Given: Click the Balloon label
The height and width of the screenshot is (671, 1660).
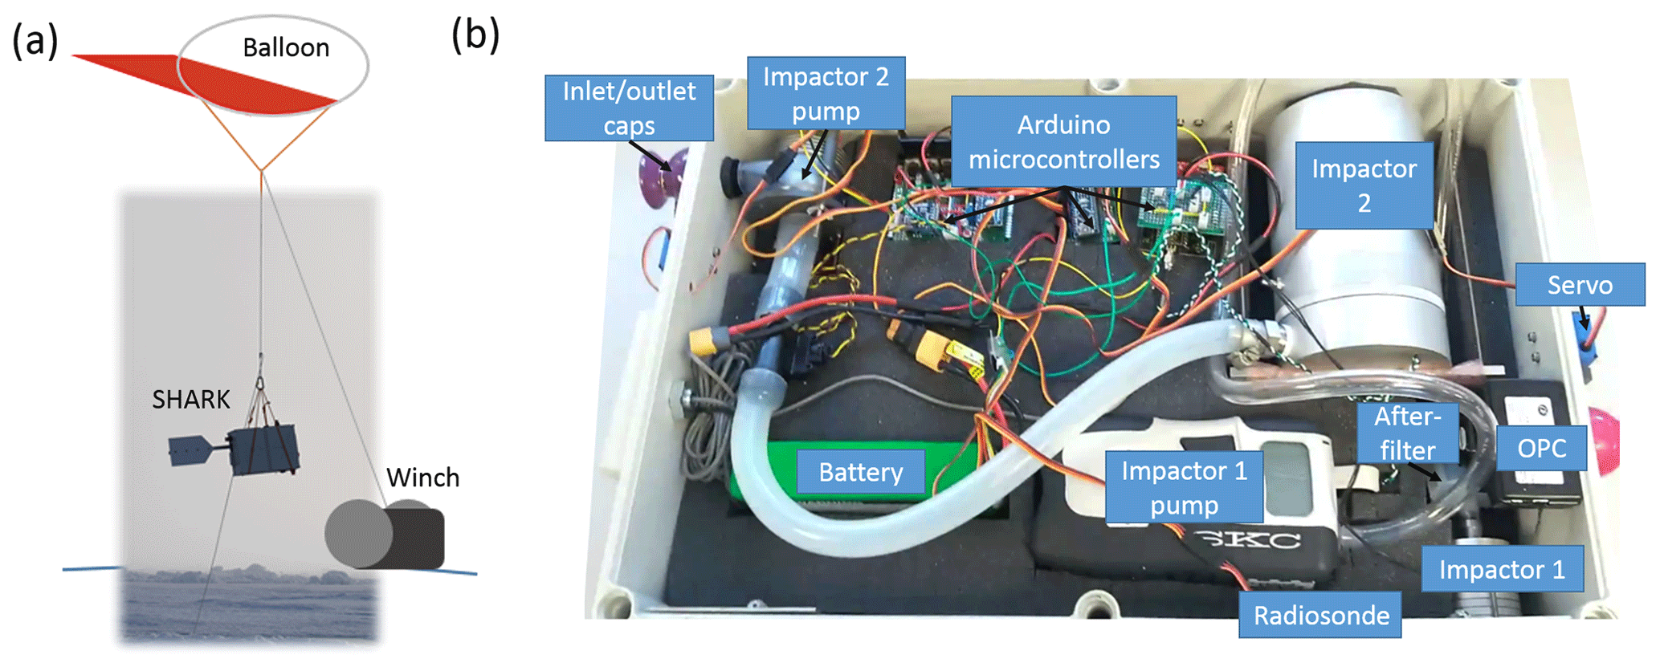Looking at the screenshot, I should coord(286,48).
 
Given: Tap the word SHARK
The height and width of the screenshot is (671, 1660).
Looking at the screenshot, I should coord(191,400).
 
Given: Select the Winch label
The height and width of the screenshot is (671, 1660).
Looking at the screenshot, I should coord(423,478).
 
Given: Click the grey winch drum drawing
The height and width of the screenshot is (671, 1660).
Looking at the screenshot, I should coord(357,533).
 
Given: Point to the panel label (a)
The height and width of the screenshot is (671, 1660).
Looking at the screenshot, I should coord(35,40).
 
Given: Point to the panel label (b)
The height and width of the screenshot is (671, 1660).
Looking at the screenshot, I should coord(475,35).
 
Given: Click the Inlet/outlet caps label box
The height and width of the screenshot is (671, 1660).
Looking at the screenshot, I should coord(629,108).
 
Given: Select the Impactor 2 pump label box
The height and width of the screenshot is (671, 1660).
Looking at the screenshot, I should coord(826,93).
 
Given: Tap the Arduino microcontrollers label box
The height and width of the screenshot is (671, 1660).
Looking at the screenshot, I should coord(1063,142).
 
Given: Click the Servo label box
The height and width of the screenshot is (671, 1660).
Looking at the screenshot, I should coord(1580,285).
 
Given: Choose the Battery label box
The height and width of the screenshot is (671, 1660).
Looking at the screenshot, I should coord(860,472).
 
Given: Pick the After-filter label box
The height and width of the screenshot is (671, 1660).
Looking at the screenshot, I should coord(1407,433).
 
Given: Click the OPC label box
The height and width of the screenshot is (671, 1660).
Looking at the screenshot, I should coord(1541,448).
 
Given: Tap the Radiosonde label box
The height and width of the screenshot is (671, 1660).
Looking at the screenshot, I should coord(1320,616).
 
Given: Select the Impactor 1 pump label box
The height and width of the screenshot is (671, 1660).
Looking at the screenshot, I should coord(1184,487).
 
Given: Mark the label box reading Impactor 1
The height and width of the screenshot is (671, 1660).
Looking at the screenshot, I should coord(1502,569).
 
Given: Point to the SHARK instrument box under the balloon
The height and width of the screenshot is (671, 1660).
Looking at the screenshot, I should coord(265,449).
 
